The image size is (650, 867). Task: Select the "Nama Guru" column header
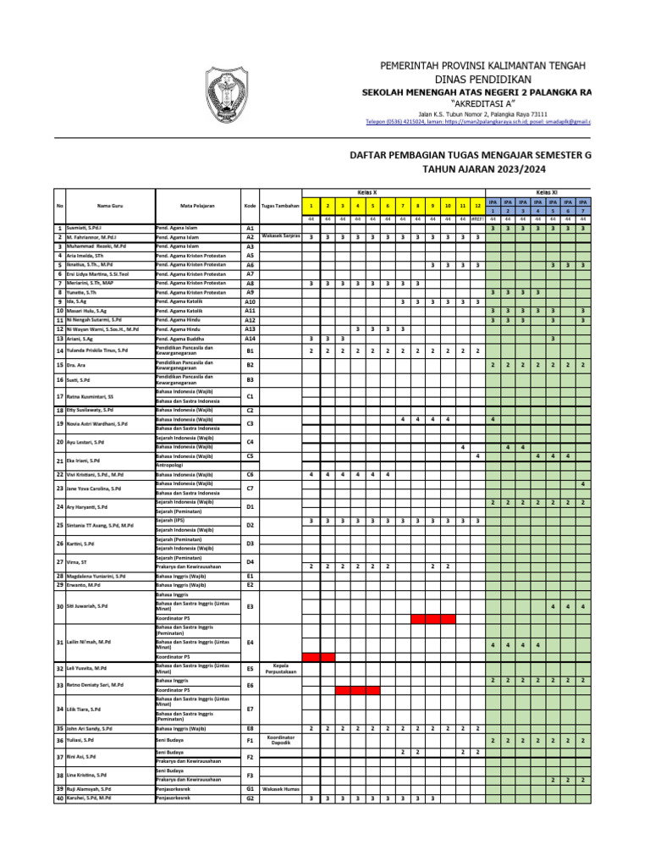click(110, 206)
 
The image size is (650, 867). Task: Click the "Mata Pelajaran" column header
click(197, 206)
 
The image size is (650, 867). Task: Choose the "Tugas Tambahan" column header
click(280, 206)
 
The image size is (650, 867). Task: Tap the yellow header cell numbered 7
click(403, 206)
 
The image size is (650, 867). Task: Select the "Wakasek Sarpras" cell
click(280, 237)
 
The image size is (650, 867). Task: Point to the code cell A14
click(250, 339)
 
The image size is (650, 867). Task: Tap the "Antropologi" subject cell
click(169, 464)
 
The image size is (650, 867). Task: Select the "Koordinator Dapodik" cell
click(280, 739)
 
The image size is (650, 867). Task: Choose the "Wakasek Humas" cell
click(280, 788)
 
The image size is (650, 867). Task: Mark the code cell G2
click(250, 798)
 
